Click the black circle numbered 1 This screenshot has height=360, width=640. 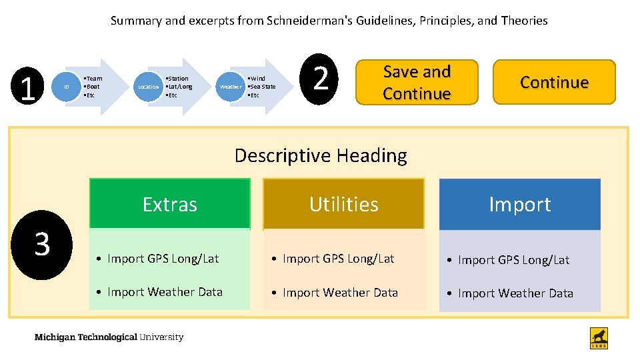[x=27, y=87]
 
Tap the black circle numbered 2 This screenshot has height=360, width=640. [x=321, y=78]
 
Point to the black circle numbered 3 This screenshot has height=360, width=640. [x=42, y=244]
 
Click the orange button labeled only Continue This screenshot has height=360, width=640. [x=554, y=82]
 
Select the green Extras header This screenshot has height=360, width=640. [x=169, y=204]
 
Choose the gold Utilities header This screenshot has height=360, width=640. [x=343, y=204]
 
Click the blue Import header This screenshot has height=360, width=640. [x=519, y=204]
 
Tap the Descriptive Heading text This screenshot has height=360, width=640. [x=321, y=155]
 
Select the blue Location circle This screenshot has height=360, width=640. [x=148, y=87]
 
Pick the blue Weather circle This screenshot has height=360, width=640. [x=231, y=87]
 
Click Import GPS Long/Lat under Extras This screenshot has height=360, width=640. [x=163, y=259]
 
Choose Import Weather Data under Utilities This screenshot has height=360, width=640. [x=340, y=292]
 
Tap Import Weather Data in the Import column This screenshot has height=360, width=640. [x=515, y=293]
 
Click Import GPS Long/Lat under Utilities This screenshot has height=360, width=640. [x=338, y=259]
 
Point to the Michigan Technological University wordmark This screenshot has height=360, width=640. [x=109, y=337]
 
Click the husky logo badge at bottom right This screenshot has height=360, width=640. [x=599, y=338]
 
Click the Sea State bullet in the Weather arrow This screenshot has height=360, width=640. [x=262, y=87]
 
